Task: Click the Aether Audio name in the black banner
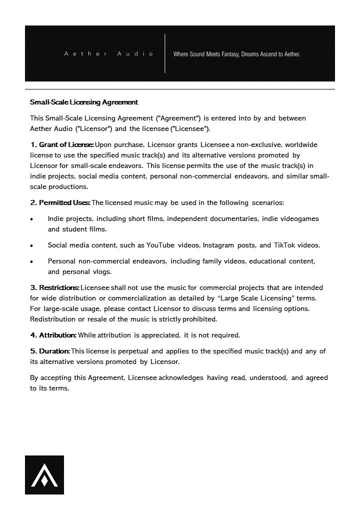coord(108,53)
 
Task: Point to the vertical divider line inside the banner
coord(165,53)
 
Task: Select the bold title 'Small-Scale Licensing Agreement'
coord(84,102)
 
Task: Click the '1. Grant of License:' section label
coord(62,144)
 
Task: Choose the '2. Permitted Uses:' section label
coord(60,202)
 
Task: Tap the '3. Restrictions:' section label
coord(55,287)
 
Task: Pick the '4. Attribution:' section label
coord(53,335)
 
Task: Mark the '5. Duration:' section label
coord(50,351)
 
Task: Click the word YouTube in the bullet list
coord(160,245)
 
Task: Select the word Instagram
coord(219,245)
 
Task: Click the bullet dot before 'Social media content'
coord(32,245)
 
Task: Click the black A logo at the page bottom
coord(44,475)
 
